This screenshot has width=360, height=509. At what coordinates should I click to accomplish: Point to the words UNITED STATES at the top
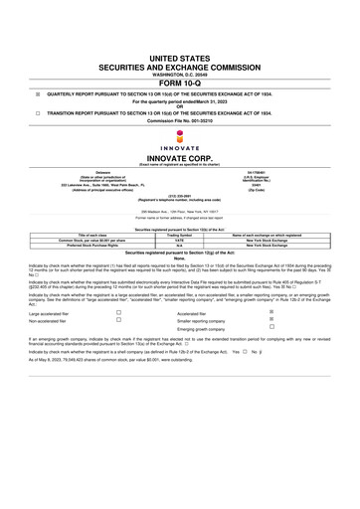[x=179, y=61]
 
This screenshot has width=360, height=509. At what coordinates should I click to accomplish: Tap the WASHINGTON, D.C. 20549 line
[x=179, y=75]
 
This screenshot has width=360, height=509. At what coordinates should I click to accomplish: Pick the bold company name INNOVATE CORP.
[x=179, y=158]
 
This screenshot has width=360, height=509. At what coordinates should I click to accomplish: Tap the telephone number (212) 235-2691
[x=179, y=196]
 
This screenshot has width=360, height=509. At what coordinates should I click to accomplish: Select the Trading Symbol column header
[x=179, y=235]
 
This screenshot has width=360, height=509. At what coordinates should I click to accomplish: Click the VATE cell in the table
[x=179, y=240]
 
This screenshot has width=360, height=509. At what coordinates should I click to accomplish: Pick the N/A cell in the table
[x=179, y=246]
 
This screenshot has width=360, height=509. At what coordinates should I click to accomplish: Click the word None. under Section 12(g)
[x=179, y=259]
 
